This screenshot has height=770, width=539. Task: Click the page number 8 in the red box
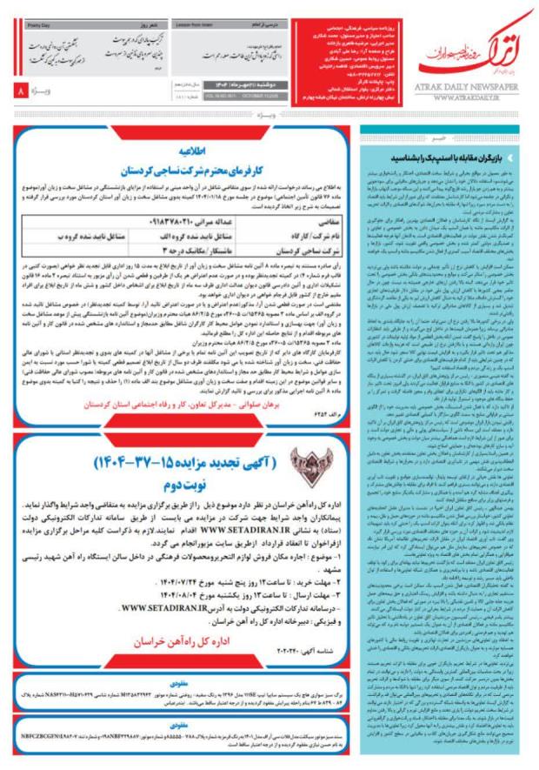[x=20, y=90]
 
